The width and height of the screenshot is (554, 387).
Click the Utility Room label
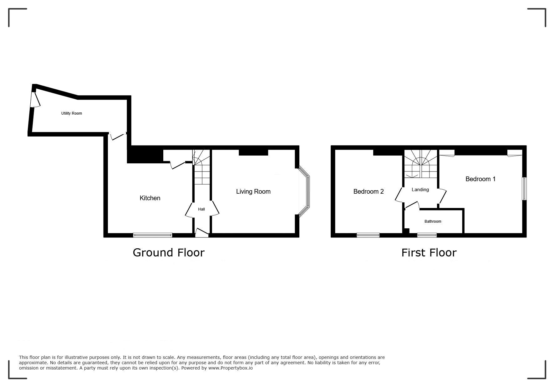(72, 113)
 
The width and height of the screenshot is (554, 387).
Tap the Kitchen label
(150, 198)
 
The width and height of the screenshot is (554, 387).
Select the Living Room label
(253, 191)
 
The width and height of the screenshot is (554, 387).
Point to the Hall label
(201, 209)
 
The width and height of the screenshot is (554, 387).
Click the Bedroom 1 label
(480, 179)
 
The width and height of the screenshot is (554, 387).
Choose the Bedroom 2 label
(368, 191)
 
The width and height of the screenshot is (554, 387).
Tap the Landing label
(420, 190)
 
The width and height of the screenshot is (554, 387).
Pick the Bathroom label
(433, 221)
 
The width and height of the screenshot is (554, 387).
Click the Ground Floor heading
(169, 252)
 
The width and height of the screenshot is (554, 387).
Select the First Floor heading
(429, 252)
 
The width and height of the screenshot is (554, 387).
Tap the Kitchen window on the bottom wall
(153, 235)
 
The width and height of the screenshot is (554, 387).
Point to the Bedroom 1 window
(524, 189)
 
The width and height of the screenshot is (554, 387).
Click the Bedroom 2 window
(368, 235)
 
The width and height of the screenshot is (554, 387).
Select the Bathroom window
(427, 235)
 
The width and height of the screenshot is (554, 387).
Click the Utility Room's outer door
(35, 99)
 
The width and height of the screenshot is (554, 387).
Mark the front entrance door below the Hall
(202, 233)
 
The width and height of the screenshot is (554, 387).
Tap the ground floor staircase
(201, 167)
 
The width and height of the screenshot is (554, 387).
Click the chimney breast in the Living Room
(253, 152)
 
